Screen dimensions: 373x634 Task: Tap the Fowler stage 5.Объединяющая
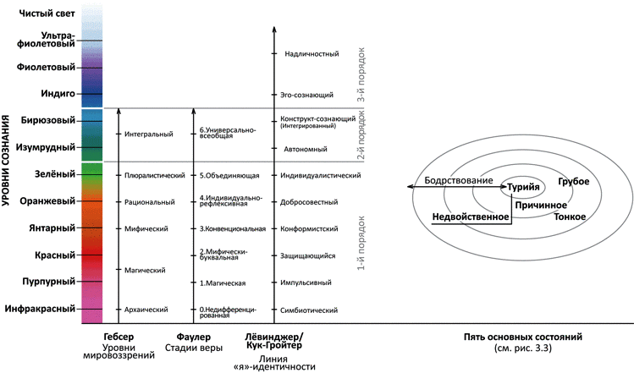[x=229, y=175]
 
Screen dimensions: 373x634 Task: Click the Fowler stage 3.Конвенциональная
[x=233, y=228]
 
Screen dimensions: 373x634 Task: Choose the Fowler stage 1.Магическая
[x=223, y=282]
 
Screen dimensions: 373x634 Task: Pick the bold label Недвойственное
[x=470, y=217]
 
